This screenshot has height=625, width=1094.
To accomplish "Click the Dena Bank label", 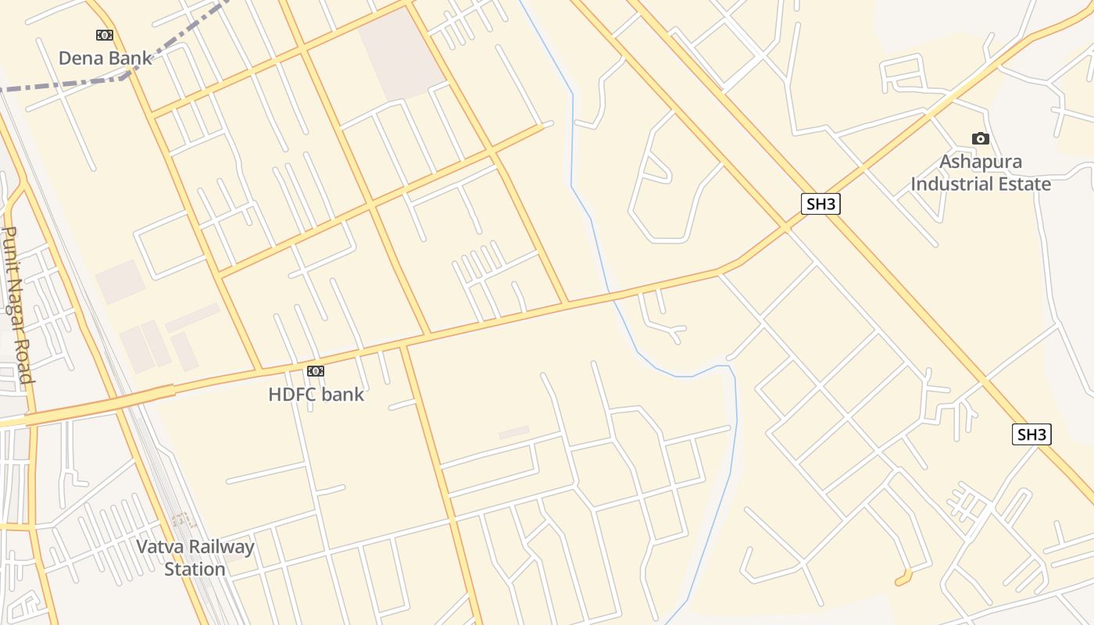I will [x=105, y=58].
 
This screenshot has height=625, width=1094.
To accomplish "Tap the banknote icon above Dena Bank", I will [x=104, y=35].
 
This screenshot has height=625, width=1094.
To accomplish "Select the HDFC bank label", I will [x=316, y=395].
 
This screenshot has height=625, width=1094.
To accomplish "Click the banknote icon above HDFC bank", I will [x=316, y=371].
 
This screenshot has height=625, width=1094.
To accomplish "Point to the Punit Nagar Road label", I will [x=17, y=305].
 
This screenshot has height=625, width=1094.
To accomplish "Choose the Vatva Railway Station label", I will [x=195, y=558].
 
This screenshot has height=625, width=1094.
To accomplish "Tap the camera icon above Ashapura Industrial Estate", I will [x=980, y=139].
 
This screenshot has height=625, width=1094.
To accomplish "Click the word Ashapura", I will [x=981, y=162].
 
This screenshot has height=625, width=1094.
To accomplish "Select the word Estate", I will [x=1024, y=184].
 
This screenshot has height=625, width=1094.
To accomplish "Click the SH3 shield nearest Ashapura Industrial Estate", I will [x=821, y=205].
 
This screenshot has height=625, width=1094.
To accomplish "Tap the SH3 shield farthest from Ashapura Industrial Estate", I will [x=1031, y=435].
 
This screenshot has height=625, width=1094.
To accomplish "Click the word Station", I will [x=195, y=569].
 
